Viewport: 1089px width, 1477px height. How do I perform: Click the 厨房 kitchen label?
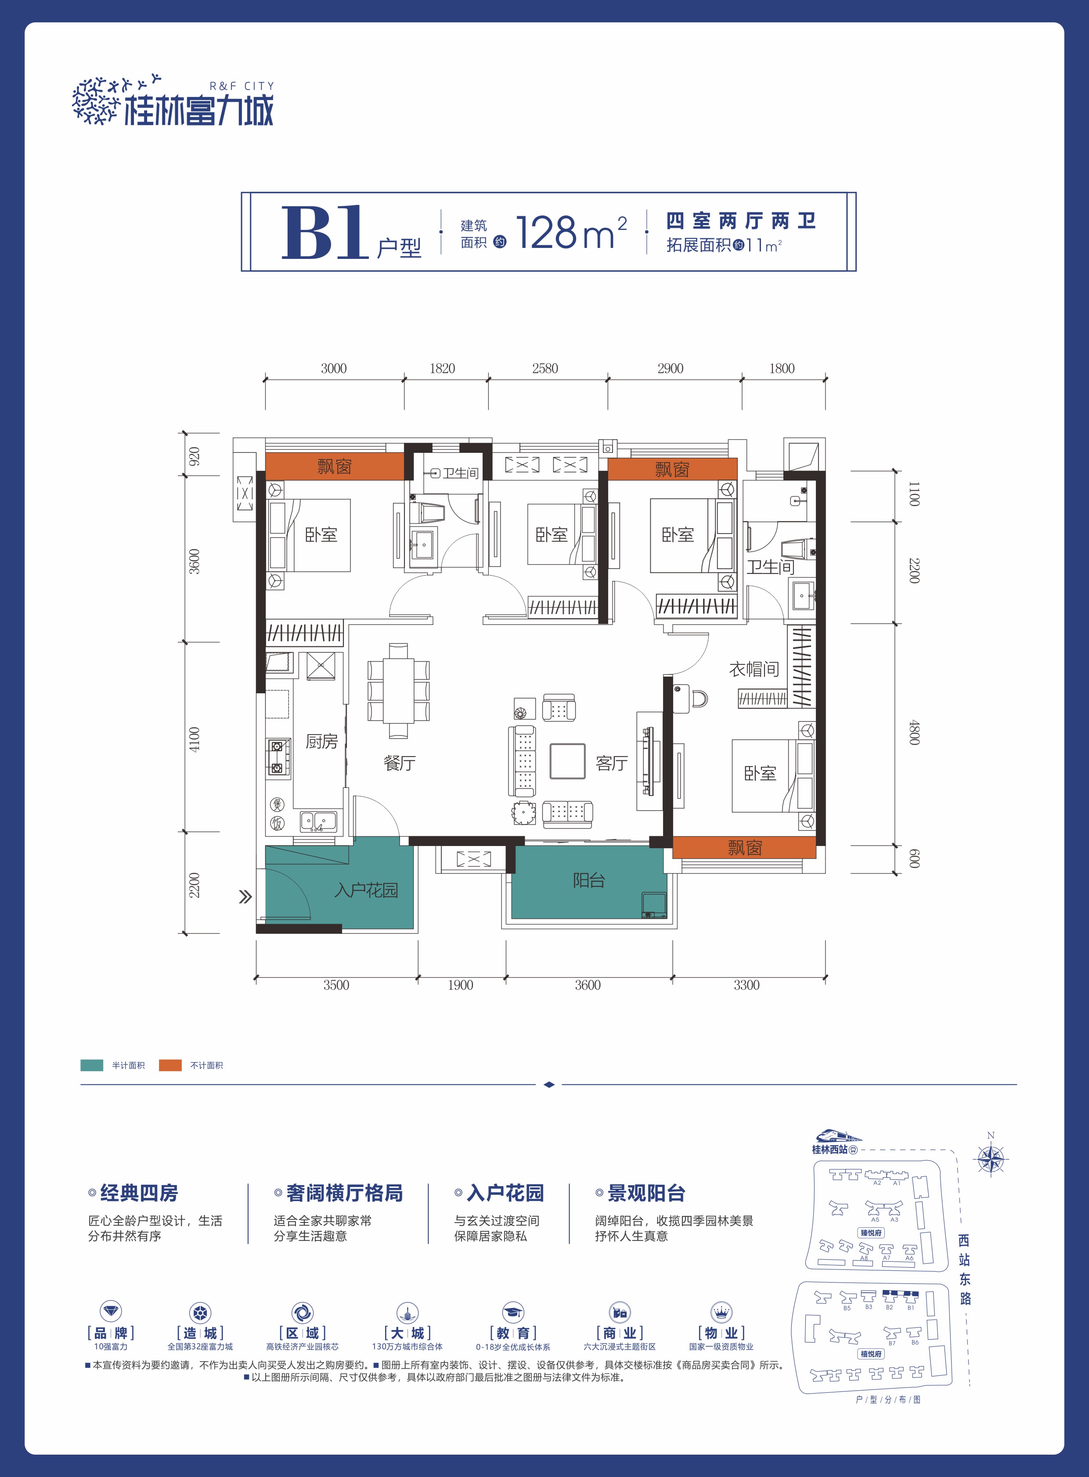click(322, 742)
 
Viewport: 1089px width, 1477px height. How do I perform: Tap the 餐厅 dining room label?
click(400, 763)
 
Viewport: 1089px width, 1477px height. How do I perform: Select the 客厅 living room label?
click(612, 763)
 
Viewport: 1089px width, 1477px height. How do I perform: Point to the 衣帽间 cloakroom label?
click(754, 669)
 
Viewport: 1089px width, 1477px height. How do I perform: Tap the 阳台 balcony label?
click(589, 880)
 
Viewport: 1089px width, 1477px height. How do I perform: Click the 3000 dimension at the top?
click(334, 368)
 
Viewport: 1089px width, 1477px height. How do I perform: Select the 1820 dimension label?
click(442, 368)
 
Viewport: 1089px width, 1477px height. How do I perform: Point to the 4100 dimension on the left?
click(194, 740)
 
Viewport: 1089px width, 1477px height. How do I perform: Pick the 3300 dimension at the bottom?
click(746, 985)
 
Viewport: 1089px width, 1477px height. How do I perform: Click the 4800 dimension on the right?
click(914, 732)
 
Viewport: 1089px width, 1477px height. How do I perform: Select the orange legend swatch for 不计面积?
click(170, 1065)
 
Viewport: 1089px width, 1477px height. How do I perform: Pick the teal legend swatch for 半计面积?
click(92, 1065)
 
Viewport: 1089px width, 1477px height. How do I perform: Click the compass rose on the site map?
click(991, 1158)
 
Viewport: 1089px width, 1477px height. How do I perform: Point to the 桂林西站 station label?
click(829, 1150)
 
